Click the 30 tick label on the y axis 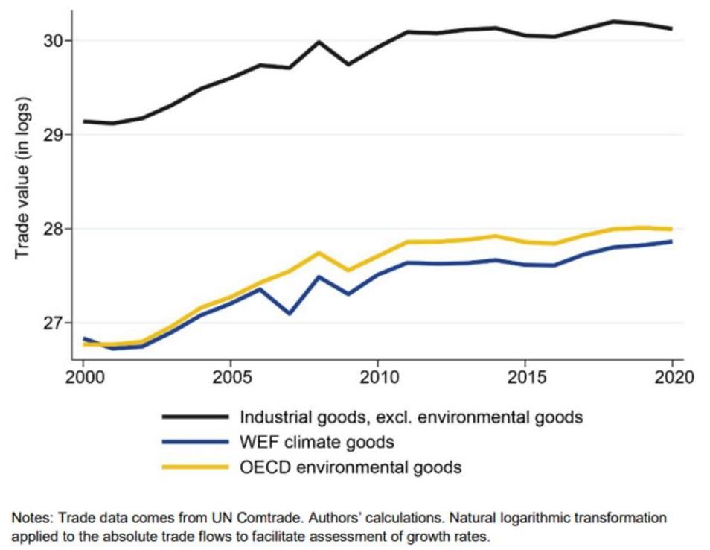click(x=56, y=40)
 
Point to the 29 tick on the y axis click(x=56, y=135)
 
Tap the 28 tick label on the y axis click(x=56, y=229)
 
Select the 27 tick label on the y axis click(x=56, y=323)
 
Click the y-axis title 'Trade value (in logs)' click(x=23, y=177)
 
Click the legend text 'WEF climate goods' click(x=316, y=443)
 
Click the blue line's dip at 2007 click(x=290, y=314)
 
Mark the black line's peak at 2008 click(x=319, y=42)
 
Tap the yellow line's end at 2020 click(x=673, y=229)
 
